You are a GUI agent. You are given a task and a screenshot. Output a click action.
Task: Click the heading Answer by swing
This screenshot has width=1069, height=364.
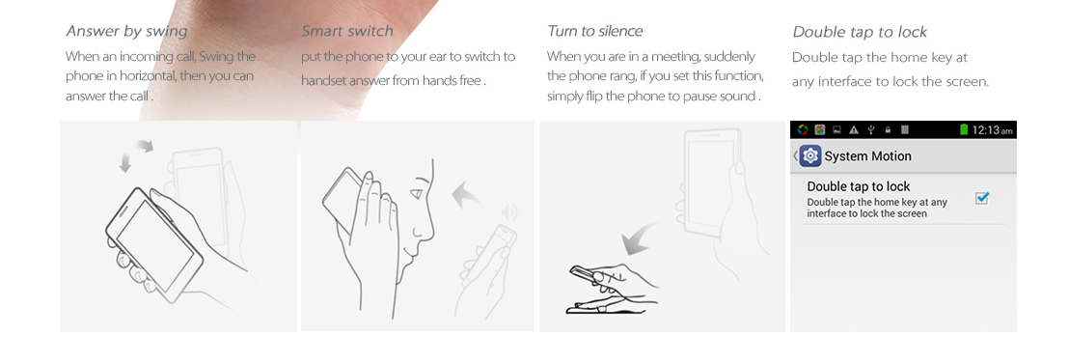(126, 31)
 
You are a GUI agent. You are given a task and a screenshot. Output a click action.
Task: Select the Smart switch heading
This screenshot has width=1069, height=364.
(347, 31)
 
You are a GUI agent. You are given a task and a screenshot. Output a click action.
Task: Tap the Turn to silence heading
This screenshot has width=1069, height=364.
(594, 31)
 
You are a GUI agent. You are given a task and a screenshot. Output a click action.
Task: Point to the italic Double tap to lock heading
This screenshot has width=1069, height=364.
(860, 32)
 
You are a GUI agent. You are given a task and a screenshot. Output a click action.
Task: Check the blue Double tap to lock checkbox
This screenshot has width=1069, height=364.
(982, 198)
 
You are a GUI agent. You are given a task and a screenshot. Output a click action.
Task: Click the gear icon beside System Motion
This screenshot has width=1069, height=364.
(810, 156)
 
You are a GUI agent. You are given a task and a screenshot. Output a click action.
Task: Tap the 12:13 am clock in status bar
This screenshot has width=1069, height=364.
(992, 129)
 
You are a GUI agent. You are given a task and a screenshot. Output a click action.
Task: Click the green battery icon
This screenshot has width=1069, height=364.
(963, 129)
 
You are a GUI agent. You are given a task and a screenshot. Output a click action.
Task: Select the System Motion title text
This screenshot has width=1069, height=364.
(868, 156)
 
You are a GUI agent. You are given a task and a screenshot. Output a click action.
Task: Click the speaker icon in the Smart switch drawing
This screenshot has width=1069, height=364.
(509, 212)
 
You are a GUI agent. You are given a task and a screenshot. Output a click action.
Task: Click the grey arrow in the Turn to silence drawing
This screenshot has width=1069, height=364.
(639, 240)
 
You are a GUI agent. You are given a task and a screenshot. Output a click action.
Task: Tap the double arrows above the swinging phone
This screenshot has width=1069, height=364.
(136, 155)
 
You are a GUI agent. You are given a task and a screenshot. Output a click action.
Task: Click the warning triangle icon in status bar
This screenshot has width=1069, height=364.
(854, 129)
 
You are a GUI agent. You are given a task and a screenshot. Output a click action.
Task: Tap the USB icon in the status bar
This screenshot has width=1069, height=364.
(870, 129)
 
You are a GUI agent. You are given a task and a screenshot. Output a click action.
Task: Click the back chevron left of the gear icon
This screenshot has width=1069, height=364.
(795, 156)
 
